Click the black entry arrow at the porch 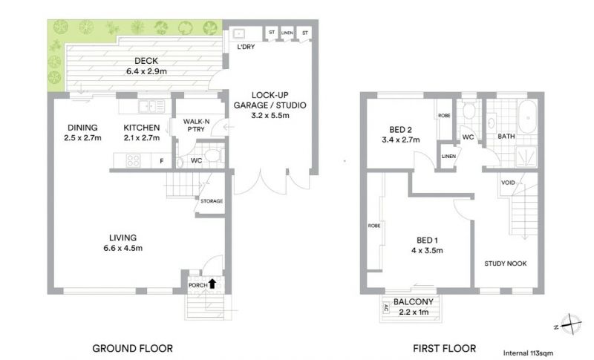point(212,284)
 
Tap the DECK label point(146,61)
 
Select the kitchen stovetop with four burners point(133,160)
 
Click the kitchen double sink point(151,106)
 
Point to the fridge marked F point(161,161)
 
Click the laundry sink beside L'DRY point(239,33)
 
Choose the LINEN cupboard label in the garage point(287,33)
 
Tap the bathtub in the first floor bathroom point(528,117)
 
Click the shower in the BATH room point(526,157)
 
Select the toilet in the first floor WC point(469,110)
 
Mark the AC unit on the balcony point(386,308)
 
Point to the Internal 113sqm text point(528,353)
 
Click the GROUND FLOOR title point(133,348)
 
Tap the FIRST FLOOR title point(444,348)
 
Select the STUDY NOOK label point(506,264)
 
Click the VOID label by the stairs point(508,183)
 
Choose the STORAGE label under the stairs point(212,201)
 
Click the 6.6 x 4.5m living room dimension point(123,249)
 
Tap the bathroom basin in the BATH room point(492,122)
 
